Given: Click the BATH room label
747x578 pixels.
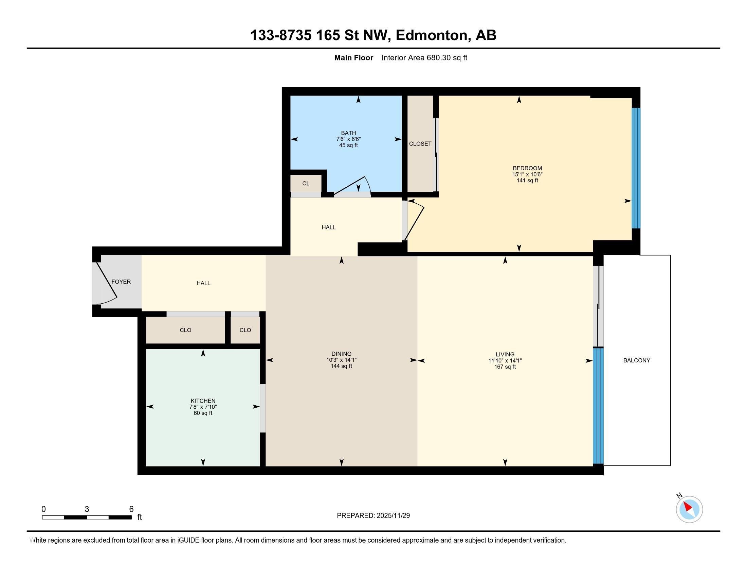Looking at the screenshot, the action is pyautogui.click(x=348, y=133).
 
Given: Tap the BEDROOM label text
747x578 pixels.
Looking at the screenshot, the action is pyautogui.click(x=527, y=168).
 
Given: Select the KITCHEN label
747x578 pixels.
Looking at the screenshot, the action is pyautogui.click(x=203, y=401).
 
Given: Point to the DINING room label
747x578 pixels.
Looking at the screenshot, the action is pyautogui.click(x=341, y=354).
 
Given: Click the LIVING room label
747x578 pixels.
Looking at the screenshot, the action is pyautogui.click(x=505, y=354).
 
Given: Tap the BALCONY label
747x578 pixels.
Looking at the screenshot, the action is pyautogui.click(x=637, y=360).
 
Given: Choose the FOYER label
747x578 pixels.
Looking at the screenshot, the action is pyautogui.click(x=121, y=282).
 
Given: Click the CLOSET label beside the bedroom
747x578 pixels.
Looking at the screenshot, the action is pyautogui.click(x=420, y=144).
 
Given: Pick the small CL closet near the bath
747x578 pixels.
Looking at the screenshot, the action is pyautogui.click(x=306, y=184).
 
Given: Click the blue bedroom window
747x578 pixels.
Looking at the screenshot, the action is pyautogui.click(x=636, y=168).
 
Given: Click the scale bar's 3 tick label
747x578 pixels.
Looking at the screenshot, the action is pyautogui.click(x=87, y=509).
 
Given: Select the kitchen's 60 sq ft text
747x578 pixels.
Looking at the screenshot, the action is pyautogui.click(x=203, y=413).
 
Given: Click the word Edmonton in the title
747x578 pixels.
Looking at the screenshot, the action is pyautogui.click(x=432, y=35).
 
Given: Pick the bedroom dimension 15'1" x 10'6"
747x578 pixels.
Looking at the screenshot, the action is pyautogui.click(x=527, y=174).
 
